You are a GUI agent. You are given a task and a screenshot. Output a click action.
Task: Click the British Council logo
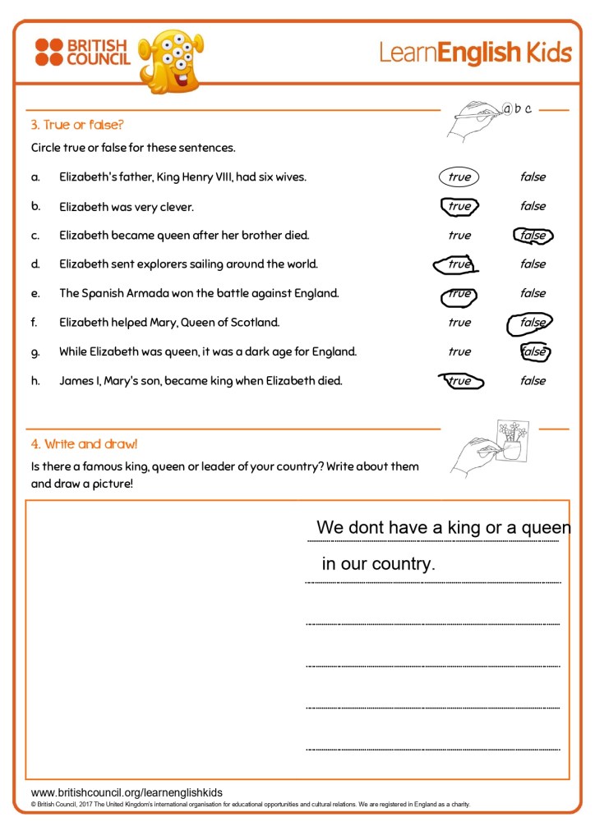click(82, 51)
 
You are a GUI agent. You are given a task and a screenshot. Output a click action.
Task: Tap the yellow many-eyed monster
click(170, 60)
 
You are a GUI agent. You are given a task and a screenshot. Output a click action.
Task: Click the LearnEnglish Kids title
click(474, 53)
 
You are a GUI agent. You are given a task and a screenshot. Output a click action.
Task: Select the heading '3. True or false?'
click(77, 125)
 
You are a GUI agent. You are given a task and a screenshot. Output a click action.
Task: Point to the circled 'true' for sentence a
click(459, 177)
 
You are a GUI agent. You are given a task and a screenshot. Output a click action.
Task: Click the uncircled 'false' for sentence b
click(533, 206)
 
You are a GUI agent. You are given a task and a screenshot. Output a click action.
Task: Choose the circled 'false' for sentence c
click(533, 236)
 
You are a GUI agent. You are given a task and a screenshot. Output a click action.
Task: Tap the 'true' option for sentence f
click(459, 323)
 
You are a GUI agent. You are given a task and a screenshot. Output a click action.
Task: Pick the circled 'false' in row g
click(534, 351)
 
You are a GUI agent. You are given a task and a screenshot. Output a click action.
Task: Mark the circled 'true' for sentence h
click(460, 381)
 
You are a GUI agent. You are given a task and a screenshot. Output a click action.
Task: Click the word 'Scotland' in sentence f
click(256, 323)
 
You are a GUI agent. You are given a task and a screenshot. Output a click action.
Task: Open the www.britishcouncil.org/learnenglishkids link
click(127, 792)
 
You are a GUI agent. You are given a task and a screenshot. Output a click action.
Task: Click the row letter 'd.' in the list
click(35, 264)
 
